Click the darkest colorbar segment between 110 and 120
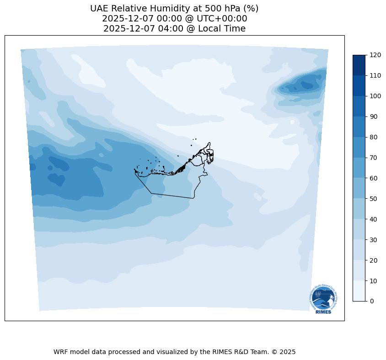359,65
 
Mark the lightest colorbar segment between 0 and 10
359,291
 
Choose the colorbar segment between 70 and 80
359,147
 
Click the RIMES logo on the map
323,299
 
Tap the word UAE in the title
100,9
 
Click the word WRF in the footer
61,352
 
